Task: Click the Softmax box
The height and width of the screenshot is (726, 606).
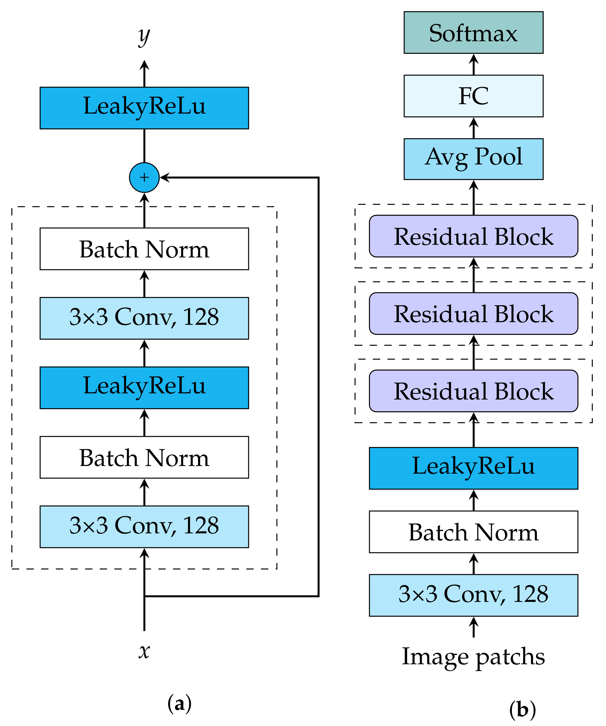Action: (473, 32)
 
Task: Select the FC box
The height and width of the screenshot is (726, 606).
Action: (473, 96)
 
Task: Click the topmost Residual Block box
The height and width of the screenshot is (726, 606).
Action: (473, 236)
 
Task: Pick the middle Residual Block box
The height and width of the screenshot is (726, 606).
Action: (473, 313)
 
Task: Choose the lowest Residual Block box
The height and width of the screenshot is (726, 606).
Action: (473, 391)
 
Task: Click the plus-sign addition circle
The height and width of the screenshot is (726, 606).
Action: (144, 177)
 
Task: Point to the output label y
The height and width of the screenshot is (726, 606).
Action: (144, 36)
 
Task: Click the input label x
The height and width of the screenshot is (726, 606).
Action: (144, 651)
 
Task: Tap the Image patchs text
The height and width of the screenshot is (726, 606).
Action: (473, 657)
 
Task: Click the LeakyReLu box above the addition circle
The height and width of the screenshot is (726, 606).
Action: (144, 108)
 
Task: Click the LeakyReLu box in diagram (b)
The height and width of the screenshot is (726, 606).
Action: (473, 468)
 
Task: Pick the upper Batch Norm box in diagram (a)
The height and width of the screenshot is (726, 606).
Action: (144, 249)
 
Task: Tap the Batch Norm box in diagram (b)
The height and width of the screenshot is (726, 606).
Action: (473, 532)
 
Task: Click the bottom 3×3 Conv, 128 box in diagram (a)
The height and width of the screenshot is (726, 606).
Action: (144, 527)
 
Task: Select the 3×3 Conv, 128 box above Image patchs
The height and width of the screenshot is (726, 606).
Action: (473, 595)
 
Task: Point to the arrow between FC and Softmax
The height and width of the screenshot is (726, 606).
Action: (473, 64)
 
